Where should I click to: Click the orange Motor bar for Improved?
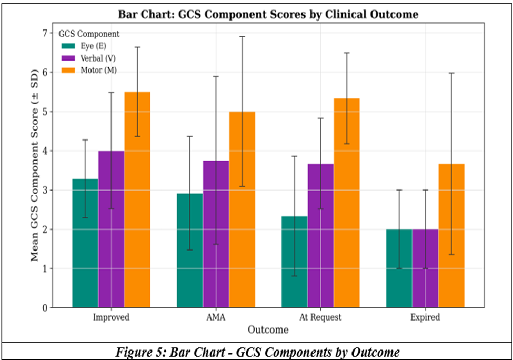(137, 199)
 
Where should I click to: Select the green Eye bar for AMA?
(190, 251)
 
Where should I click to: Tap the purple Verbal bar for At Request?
(320, 236)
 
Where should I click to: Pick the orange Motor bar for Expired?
(451, 236)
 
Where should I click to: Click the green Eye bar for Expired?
(399, 268)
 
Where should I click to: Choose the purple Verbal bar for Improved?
(111, 229)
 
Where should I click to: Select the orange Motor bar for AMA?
(242, 209)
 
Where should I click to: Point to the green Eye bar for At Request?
(295, 262)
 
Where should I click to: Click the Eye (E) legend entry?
(84, 46)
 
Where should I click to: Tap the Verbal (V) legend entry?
(88, 58)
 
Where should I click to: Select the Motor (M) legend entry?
(89, 71)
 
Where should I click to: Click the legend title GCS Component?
(89, 34)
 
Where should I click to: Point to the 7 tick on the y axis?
(45, 33)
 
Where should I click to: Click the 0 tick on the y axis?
(45, 308)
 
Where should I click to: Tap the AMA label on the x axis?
(216, 317)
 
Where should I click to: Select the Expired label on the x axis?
(425, 317)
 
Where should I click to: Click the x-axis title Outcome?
(268, 329)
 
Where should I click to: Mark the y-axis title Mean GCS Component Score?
(34, 165)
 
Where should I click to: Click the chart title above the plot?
(268, 14)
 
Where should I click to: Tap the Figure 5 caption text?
(257, 352)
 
